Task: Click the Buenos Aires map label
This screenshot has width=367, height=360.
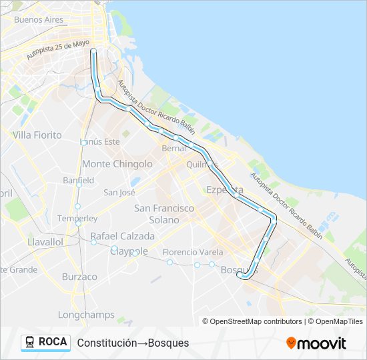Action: [39, 19]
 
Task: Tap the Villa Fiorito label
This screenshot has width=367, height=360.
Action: [37, 135]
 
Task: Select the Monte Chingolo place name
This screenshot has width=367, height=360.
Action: [117, 164]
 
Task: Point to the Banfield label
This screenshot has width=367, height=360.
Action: [78, 181]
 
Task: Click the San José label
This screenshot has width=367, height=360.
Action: [119, 193]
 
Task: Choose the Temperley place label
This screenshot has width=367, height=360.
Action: [77, 219]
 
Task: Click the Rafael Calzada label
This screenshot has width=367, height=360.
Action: [122, 236]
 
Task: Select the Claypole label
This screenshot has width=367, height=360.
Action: [128, 251]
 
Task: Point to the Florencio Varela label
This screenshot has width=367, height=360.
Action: [193, 252]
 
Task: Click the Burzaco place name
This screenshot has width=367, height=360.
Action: [79, 277]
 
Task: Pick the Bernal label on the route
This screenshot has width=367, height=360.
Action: [173, 149]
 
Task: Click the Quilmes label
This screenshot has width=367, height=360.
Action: [202, 165]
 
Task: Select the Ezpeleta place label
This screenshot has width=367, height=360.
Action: [225, 190]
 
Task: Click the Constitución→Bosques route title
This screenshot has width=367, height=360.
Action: [133, 343]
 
